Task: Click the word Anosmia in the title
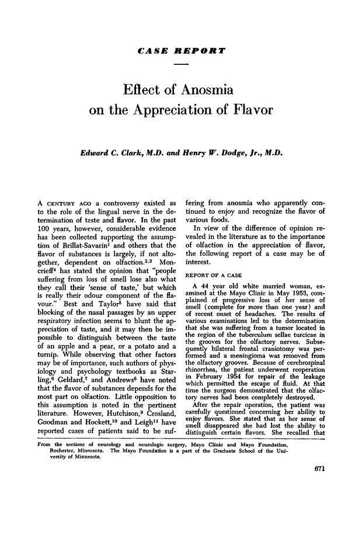204,90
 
